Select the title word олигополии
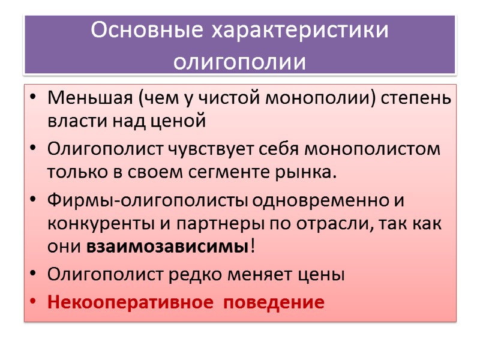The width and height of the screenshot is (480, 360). pos(239,62)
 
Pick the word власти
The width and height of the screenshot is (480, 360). pos(71,121)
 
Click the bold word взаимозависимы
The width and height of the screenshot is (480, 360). pos(167,247)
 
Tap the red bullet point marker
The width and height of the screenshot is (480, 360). pos(33,302)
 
